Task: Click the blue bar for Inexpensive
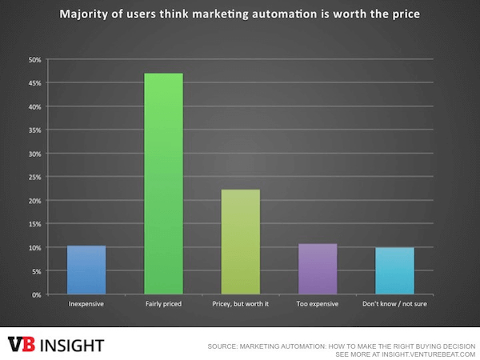click(x=86, y=270)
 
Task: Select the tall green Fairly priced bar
click(x=163, y=184)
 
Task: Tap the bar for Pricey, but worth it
click(x=240, y=242)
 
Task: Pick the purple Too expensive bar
click(x=318, y=269)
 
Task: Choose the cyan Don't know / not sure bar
click(x=395, y=270)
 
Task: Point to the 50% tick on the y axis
click(x=34, y=59)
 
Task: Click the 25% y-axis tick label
click(x=34, y=177)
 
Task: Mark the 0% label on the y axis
click(x=36, y=294)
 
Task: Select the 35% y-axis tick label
click(x=34, y=130)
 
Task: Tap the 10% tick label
click(x=34, y=247)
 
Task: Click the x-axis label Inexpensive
click(x=86, y=305)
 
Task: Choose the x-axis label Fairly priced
click(x=163, y=305)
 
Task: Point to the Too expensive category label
click(x=318, y=305)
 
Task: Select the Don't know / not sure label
click(x=395, y=305)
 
